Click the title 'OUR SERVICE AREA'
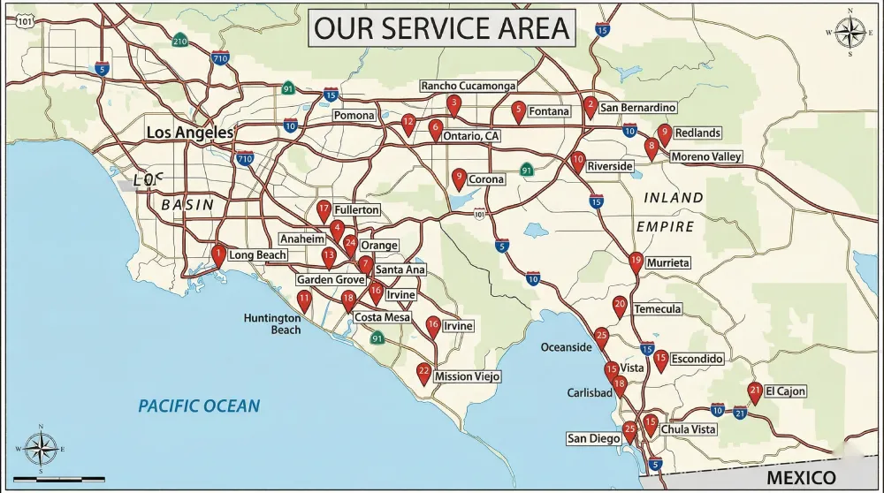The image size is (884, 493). coord(442,27)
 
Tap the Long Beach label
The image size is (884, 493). coord(257,255)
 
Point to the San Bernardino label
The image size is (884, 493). coord(637,108)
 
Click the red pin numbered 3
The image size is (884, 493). coord(453,105)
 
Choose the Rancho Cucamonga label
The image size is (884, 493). coord(468,86)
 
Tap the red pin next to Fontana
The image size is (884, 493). coord(518,110)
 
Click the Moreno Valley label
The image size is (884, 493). coord(705,156)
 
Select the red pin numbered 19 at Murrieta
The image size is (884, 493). coord(636,262)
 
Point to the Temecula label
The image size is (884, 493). coord(657,309)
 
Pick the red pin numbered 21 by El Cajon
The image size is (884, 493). coord(754,391)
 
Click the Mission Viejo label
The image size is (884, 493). coord(467,376)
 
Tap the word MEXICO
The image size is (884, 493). coord(801,478)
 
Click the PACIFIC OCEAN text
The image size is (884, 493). coord(199,406)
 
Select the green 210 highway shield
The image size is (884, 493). coord(180,41)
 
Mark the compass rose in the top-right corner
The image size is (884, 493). coord(850,33)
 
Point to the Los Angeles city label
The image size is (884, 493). coord(189,133)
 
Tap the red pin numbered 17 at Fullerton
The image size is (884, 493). coord(324,211)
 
